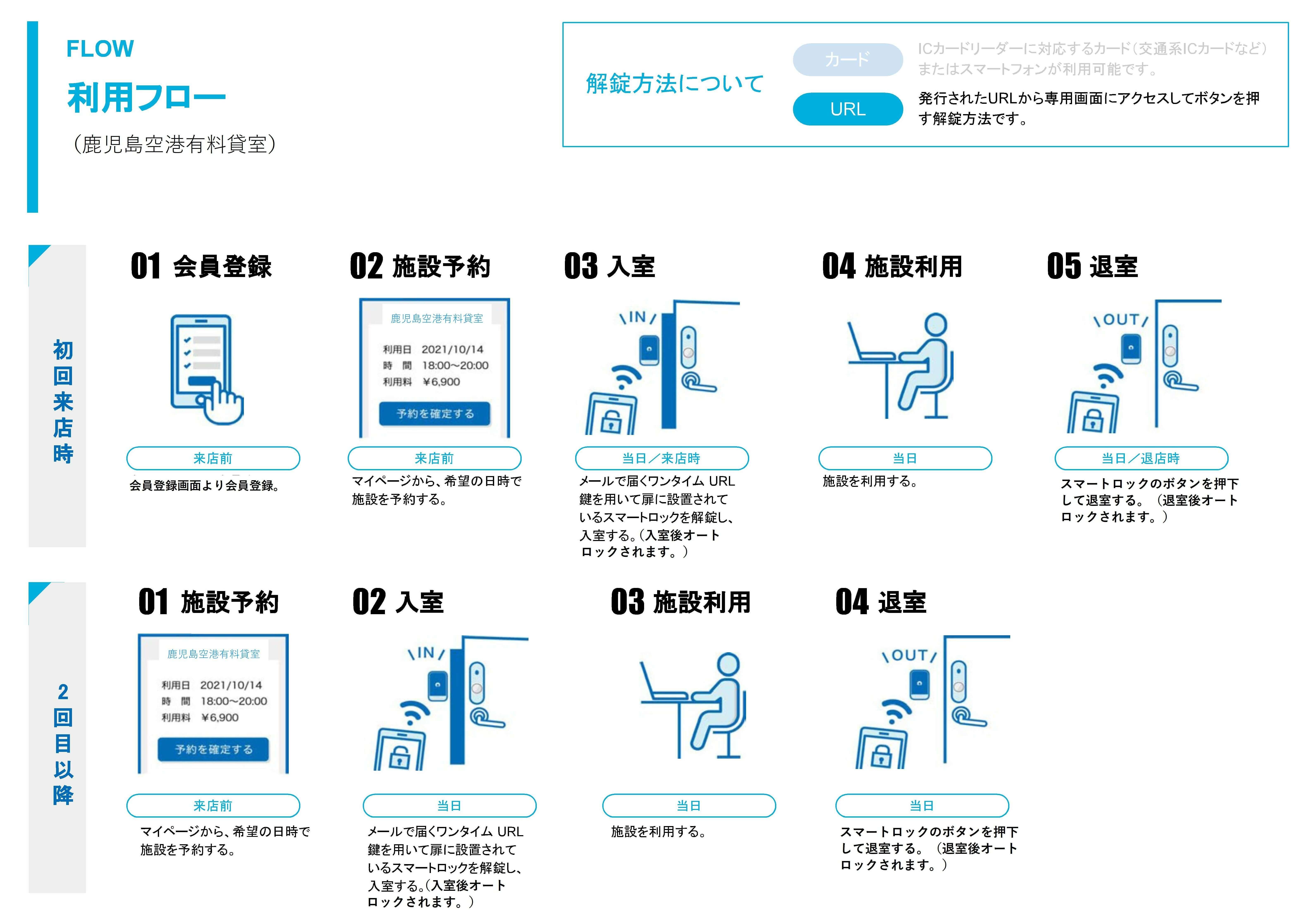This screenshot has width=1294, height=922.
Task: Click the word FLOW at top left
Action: point(100,49)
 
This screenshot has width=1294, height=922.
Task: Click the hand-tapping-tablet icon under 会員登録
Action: point(206,369)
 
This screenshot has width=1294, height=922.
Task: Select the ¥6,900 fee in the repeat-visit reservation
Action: point(220,718)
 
